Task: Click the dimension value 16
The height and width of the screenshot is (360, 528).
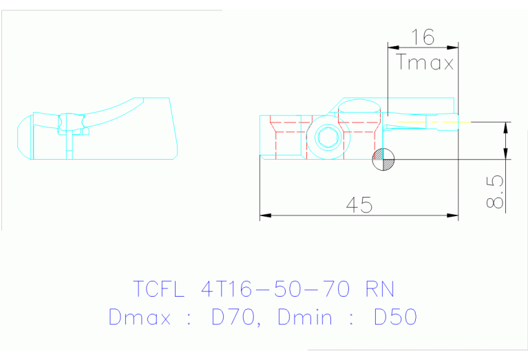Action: (x=422, y=37)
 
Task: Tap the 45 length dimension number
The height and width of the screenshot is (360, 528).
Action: (x=358, y=204)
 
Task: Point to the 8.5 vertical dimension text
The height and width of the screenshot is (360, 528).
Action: (x=495, y=190)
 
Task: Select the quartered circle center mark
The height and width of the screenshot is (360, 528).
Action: (x=383, y=159)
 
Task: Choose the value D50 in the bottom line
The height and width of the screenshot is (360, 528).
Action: (x=394, y=317)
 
